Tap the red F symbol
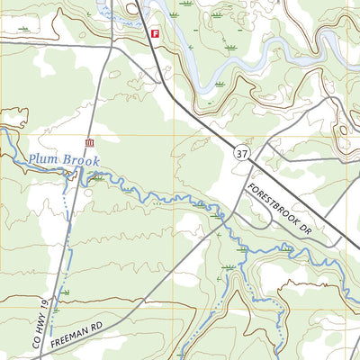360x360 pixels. (155, 33)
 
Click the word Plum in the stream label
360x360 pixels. (42, 159)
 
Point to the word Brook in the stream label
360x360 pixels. (80, 160)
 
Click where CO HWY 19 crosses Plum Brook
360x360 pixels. (71, 179)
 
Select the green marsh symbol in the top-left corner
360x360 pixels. (22, 29)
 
